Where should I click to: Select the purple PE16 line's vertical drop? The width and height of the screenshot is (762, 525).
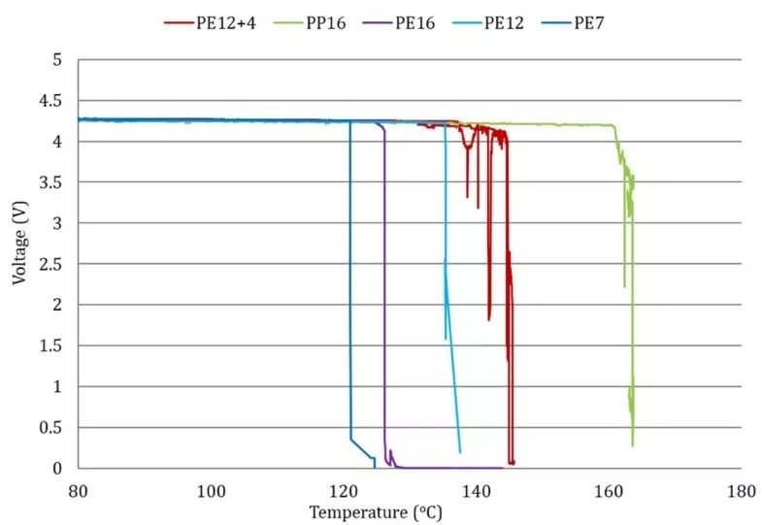pos(384,291)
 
